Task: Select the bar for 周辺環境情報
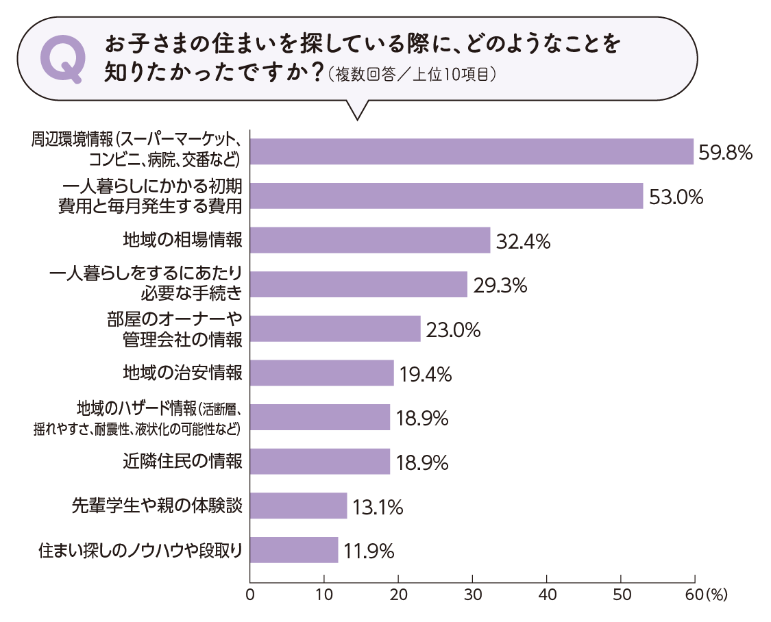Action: (x=472, y=151)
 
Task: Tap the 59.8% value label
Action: (x=725, y=152)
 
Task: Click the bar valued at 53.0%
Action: (x=447, y=196)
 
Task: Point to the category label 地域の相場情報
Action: (x=182, y=240)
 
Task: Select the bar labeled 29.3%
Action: (x=358, y=284)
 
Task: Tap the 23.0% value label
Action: (x=453, y=330)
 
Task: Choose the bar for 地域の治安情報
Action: (x=322, y=373)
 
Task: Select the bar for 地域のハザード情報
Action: (x=320, y=417)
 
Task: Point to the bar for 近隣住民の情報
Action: (x=320, y=461)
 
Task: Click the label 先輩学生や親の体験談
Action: (x=158, y=506)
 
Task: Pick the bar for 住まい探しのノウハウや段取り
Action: (x=294, y=549)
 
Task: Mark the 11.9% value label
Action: (x=369, y=551)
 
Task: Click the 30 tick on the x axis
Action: (x=472, y=594)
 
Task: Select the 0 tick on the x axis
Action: (x=250, y=594)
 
